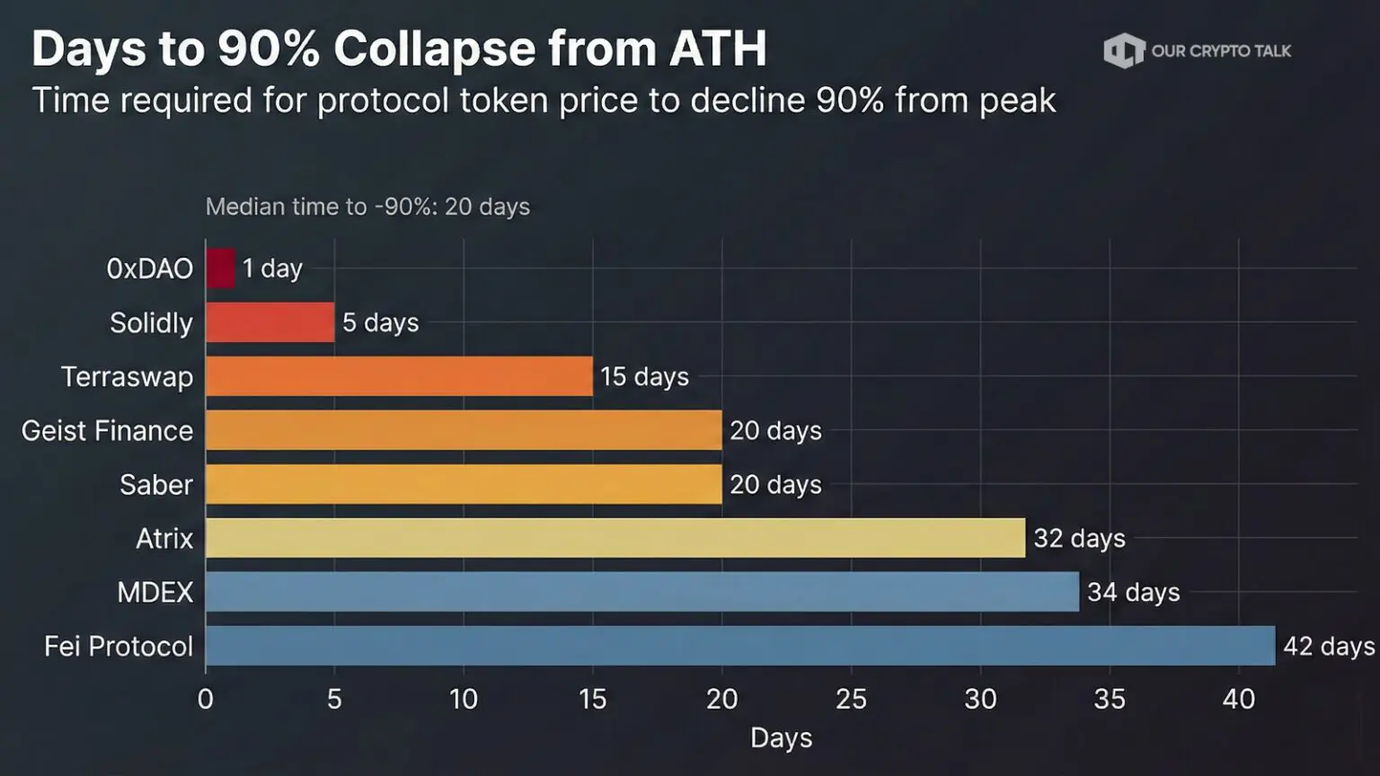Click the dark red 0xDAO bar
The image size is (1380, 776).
click(220, 269)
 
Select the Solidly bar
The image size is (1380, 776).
click(270, 322)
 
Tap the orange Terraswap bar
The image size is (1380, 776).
click(399, 376)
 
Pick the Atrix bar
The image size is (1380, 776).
click(615, 538)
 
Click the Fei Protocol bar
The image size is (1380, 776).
click(739, 646)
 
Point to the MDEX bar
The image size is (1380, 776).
click(641, 592)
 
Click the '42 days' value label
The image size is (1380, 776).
click(1329, 646)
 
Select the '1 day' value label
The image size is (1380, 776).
click(272, 269)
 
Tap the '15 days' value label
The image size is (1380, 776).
click(644, 376)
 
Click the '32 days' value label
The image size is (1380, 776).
click(1079, 538)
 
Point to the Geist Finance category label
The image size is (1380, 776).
click(107, 430)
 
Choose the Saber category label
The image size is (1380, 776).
click(156, 484)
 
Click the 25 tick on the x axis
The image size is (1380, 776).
click(851, 699)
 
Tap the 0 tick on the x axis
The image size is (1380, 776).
click(206, 699)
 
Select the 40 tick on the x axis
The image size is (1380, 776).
click(1238, 699)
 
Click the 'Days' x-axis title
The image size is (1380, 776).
click(781, 738)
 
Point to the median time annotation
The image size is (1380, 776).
click(367, 207)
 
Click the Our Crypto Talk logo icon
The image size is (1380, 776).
click(1123, 50)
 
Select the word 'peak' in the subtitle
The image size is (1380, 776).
click(1017, 101)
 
